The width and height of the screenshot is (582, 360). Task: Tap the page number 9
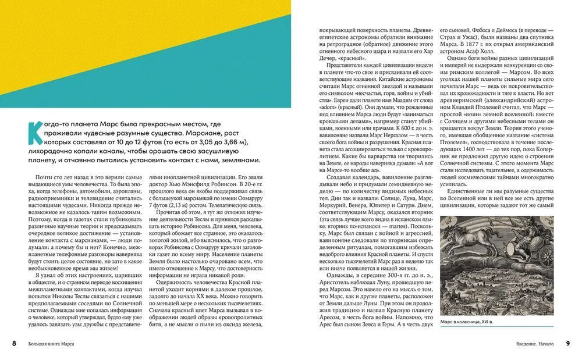coord(567,344)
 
